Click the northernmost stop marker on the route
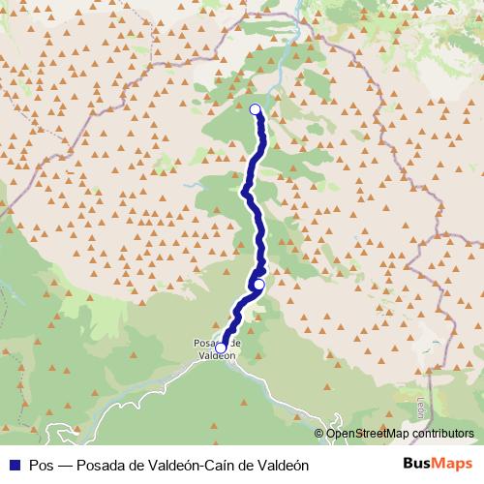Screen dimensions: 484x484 [256, 109]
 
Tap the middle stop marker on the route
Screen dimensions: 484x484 [258, 284]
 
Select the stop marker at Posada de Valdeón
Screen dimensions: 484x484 [221, 348]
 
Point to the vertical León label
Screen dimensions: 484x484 [420, 407]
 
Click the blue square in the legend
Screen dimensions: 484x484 [15, 465]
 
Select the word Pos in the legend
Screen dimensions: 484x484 [42, 465]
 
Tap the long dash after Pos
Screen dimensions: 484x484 [67, 465]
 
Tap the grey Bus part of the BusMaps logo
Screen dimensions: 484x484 [417, 464]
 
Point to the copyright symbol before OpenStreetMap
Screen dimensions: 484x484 [320, 434]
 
